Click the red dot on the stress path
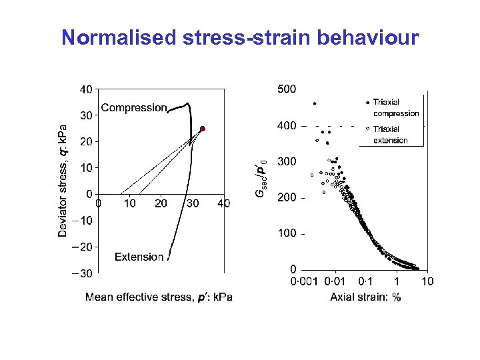203,129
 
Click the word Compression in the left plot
133,107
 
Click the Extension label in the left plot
139,257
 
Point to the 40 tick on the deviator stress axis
86,89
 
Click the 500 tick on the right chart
287,89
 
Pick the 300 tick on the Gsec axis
287,161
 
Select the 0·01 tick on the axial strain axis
335,281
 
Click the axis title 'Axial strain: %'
365,297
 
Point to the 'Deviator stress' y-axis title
62,180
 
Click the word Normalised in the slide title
119,37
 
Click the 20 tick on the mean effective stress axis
161,203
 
